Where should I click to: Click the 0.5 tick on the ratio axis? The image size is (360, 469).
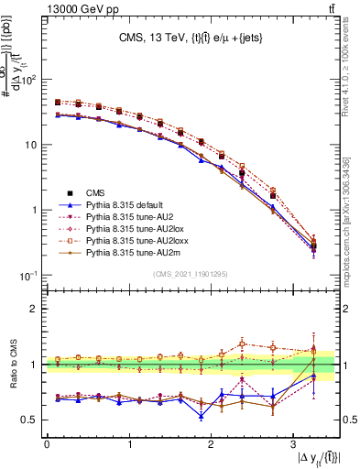point(30,420)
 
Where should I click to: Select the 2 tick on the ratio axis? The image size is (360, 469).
point(36,308)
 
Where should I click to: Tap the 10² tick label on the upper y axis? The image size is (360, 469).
point(30,80)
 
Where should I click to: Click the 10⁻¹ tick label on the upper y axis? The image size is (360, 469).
point(30,275)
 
